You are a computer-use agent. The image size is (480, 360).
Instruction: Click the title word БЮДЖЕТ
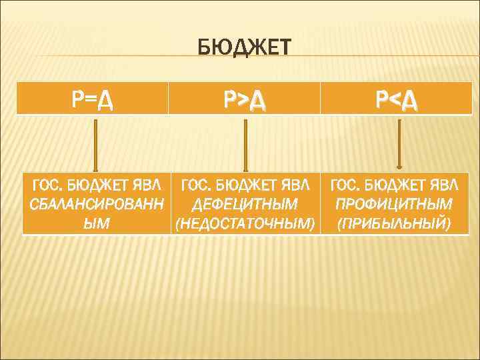(x=245, y=49)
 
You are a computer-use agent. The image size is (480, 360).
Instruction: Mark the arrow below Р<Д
(x=399, y=143)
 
